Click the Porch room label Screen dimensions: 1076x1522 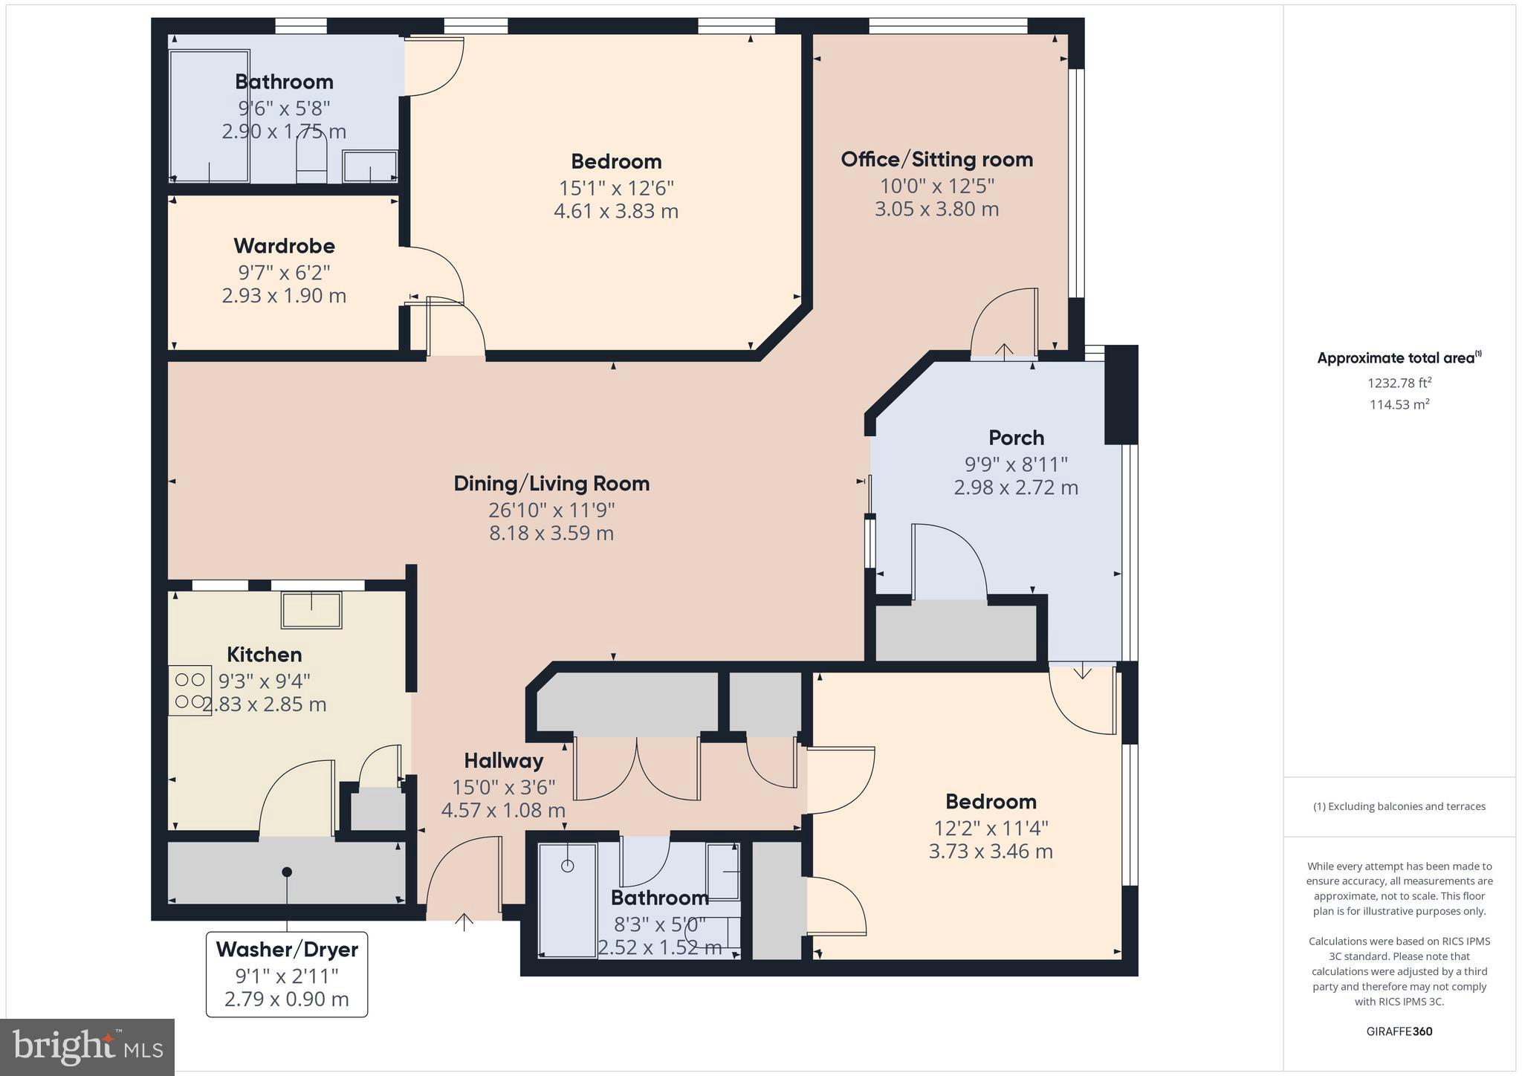(1016, 438)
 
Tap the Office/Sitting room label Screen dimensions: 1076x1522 (936, 159)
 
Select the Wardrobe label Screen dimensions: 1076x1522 (284, 246)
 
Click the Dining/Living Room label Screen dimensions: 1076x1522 (551, 484)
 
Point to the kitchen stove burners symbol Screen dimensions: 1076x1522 (190, 690)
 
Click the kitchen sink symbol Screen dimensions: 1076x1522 (311, 611)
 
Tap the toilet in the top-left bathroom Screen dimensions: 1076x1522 (311, 163)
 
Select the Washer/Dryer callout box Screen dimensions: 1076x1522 (287, 973)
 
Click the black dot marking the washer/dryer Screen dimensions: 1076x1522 (287, 872)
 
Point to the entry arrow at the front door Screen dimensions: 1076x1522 (464, 921)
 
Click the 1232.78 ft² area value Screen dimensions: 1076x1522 (1399, 383)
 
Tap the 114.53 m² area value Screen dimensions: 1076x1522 (1399, 404)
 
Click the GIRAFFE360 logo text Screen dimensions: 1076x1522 (1399, 1031)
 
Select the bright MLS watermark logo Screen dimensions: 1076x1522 (88, 1047)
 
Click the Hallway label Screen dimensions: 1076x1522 (503, 761)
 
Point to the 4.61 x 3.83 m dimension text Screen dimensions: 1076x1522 (615, 211)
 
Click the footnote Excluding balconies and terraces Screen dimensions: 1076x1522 (1399, 806)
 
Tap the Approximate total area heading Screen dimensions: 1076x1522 (1397, 358)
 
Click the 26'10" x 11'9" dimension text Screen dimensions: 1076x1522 (551, 510)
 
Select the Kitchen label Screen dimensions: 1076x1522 (264, 655)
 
